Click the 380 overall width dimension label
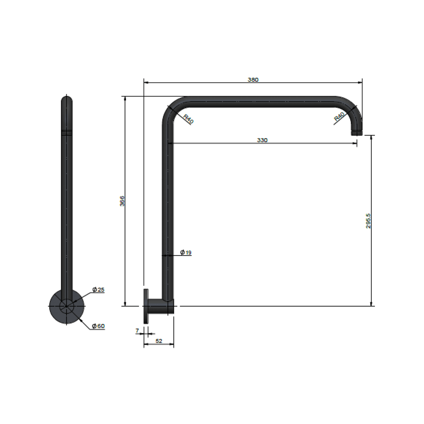(253, 80)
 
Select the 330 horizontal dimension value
(262, 140)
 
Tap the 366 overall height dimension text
(122, 201)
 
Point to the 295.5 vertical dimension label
(368, 221)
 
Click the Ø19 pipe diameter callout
(186, 252)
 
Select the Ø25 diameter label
(98, 290)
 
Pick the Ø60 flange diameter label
(98, 326)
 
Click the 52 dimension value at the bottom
(159, 341)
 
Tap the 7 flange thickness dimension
(137, 331)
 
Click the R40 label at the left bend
(188, 119)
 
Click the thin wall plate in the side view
(146, 306)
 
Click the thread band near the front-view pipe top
(67, 132)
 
